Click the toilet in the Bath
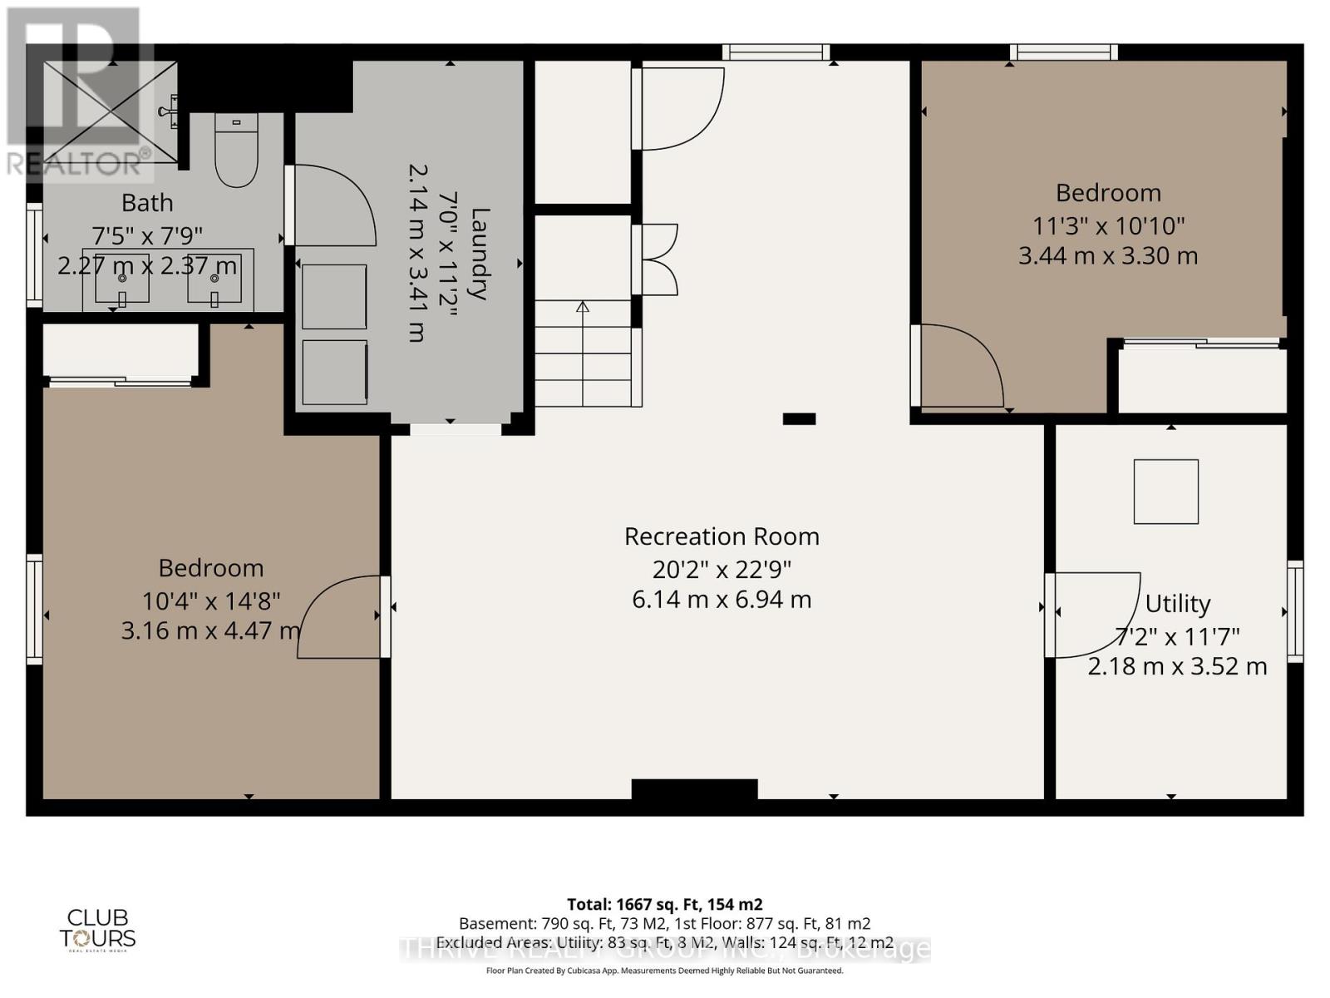tap(236, 150)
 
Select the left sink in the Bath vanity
tap(122, 278)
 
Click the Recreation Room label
tap(722, 536)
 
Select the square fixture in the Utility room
tap(1166, 492)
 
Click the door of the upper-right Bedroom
tap(960, 366)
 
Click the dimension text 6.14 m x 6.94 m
tap(722, 600)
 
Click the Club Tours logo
tap(97, 929)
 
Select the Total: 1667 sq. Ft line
tap(664, 904)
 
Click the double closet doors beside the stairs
tap(657, 259)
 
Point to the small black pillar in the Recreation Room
tap(799, 419)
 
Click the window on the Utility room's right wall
tap(1295, 611)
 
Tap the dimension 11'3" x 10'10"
tap(1108, 225)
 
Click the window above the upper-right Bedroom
tap(1063, 52)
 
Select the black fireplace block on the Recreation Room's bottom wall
tap(694, 789)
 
